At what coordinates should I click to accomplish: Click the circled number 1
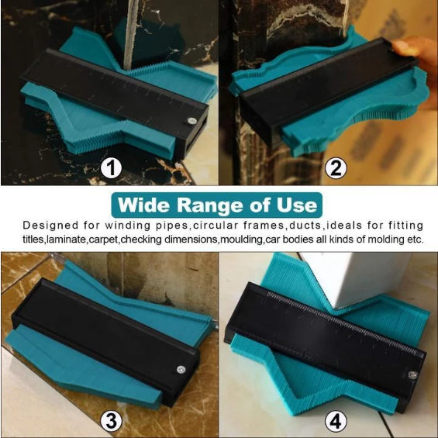pos(111,168)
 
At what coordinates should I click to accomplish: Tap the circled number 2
pos(336,168)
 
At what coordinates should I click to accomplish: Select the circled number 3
pos(111,421)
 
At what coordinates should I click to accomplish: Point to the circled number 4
pos(336,421)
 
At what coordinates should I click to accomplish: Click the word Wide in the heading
pos(143,205)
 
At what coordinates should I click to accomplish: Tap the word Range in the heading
pos(210,206)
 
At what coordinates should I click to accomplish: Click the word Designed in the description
pos(50,225)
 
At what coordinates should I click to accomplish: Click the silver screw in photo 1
pos(191,121)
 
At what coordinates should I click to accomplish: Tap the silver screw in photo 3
pos(181,370)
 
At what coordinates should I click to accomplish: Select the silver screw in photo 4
pos(412,375)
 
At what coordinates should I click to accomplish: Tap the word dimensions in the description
pos(191,240)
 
